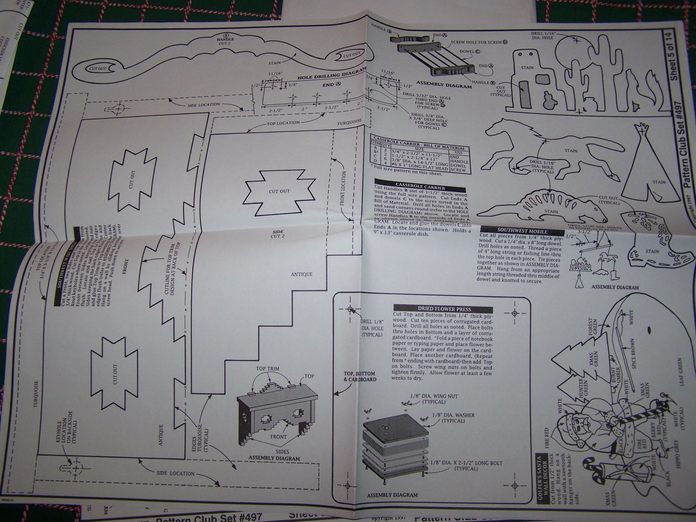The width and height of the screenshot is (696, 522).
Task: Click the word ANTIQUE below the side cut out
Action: click(302, 274)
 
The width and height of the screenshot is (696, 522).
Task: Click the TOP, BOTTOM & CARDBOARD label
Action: click(359, 376)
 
